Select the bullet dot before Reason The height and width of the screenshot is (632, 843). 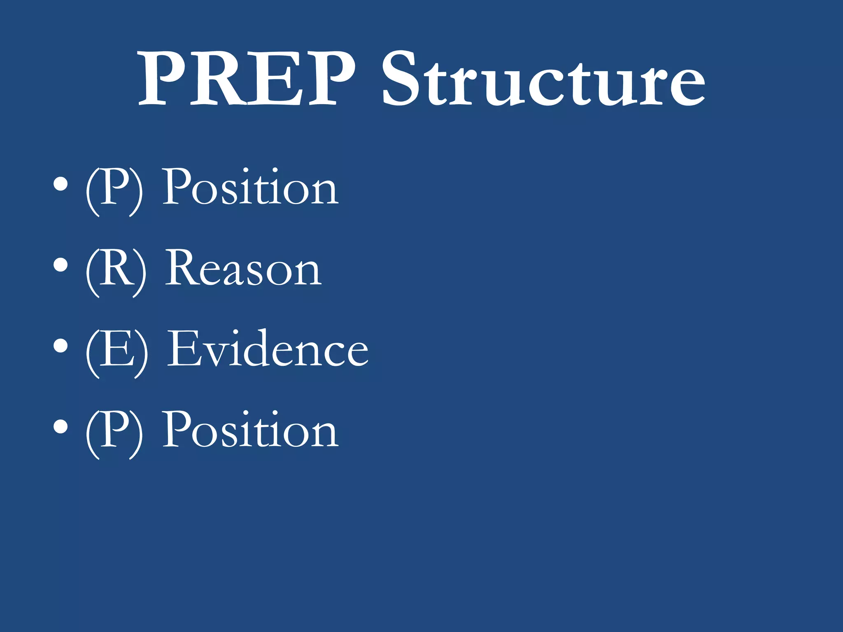(x=61, y=265)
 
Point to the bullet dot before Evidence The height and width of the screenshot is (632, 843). (x=61, y=346)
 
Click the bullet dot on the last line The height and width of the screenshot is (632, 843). (x=61, y=427)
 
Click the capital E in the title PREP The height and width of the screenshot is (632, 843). (x=276, y=78)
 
